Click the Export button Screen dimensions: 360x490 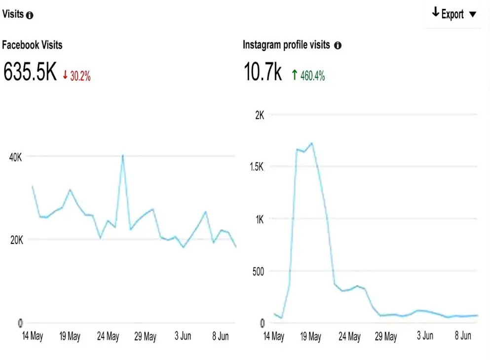(x=454, y=14)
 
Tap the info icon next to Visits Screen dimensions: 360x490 (x=30, y=15)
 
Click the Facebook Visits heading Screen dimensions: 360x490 (x=32, y=45)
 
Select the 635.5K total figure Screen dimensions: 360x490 (x=30, y=72)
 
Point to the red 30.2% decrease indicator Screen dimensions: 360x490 (x=76, y=76)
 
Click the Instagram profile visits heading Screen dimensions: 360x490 (x=286, y=45)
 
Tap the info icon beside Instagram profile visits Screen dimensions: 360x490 (x=338, y=45)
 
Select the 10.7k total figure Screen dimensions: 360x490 (x=263, y=72)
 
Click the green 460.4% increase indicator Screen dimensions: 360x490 (x=308, y=76)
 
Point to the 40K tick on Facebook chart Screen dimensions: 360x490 (x=16, y=157)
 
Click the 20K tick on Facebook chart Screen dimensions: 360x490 (x=16, y=240)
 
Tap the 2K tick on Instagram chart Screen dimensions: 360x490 (x=260, y=115)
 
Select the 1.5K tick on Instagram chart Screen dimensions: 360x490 (x=257, y=167)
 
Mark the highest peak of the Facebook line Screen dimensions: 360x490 (x=122, y=156)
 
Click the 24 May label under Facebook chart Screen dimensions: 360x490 (x=108, y=336)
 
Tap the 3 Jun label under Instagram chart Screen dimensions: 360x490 (x=425, y=336)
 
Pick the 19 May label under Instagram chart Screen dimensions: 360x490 (x=311, y=336)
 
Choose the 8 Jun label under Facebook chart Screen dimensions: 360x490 (x=220, y=336)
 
